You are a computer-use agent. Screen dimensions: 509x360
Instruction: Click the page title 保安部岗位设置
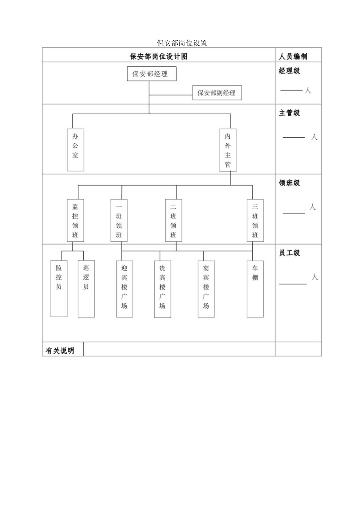tap(182, 43)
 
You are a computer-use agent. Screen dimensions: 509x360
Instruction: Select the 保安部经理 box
tap(152, 74)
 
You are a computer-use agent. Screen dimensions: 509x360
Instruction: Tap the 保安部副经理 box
tap(217, 93)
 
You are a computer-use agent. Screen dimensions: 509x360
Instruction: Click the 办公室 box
tap(76, 150)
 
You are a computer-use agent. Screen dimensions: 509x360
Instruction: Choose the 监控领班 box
tap(76, 221)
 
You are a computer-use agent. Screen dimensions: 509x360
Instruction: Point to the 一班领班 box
tap(119, 221)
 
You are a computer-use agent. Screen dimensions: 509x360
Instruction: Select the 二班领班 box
tap(173, 221)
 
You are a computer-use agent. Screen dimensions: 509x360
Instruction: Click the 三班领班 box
tap(255, 221)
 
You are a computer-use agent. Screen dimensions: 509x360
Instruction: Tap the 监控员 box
tap(59, 289)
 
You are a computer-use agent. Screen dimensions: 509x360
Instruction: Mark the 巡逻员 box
tap(86, 289)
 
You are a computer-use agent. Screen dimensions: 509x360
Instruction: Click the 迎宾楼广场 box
tap(124, 289)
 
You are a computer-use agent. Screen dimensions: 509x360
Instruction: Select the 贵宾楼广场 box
tap(162, 289)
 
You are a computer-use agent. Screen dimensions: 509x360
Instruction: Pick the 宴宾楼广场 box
tap(206, 289)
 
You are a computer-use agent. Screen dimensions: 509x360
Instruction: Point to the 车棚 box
tap(255, 289)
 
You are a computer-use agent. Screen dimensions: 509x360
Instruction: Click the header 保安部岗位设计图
tap(158, 56)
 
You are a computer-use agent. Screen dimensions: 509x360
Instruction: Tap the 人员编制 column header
tap(293, 56)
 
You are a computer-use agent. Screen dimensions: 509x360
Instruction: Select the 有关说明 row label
tap(60, 351)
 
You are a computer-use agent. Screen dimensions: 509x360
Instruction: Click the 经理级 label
tap(290, 71)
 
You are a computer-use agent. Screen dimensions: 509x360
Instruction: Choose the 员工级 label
tap(290, 253)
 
